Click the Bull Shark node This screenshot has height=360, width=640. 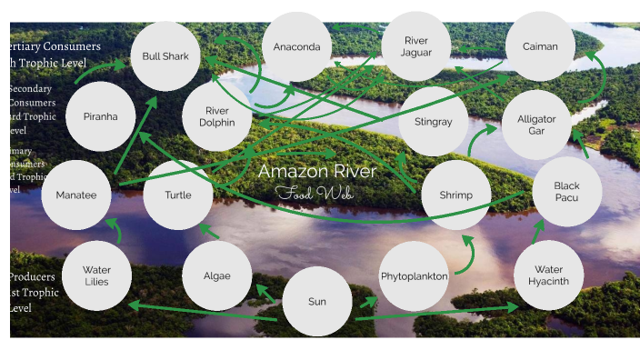pyautogui.click(x=165, y=56)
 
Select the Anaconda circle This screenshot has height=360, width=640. pyautogui.click(x=296, y=46)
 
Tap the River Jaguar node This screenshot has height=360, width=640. pyautogui.click(x=416, y=46)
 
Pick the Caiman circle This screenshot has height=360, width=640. pyautogui.click(x=540, y=46)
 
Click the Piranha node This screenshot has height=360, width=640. pyautogui.click(x=101, y=116)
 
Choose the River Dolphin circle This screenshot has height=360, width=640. pyautogui.click(x=216, y=116)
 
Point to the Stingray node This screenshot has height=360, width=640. pyautogui.click(x=433, y=121)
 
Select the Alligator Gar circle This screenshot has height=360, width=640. pyautogui.click(x=536, y=125)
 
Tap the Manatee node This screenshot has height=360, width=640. pyautogui.click(x=76, y=195)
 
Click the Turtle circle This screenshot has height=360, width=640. pyautogui.click(x=178, y=195)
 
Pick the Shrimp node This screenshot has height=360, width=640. pyautogui.click(x=457, y=195)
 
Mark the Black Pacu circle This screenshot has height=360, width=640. pyautogui.click(x=566, y=192)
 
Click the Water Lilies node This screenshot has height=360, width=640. pyautogui.click(x=97, y=275)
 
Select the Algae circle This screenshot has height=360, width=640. pyautogui.click(x=216, y=275)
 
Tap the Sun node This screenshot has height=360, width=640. pyautogui.click(x=316, y=302)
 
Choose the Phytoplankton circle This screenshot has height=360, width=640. pyautogui.click(x=415, y=275)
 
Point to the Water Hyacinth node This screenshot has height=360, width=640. pyautogui.click(x=548, y=275)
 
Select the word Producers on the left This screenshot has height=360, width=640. pyautogui.click(x=32, y=276)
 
